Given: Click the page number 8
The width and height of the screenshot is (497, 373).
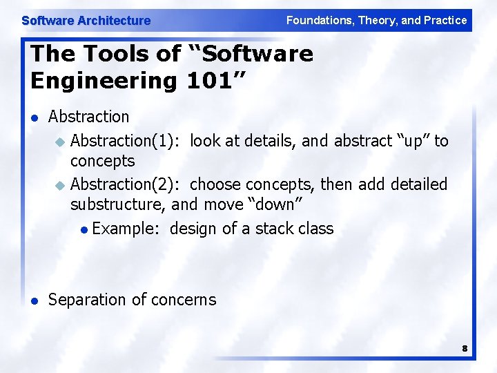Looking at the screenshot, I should [x=465, y=349].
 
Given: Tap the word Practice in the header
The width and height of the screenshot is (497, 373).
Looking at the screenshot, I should [x=445, y=20].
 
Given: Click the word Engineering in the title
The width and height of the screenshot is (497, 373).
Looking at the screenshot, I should [x=104, y=81].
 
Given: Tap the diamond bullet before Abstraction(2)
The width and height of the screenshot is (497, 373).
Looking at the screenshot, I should [x=59, y=186].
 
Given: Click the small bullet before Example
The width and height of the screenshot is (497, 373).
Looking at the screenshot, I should [x=83, y=229].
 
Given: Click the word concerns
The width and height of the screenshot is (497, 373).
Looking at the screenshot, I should [x=184, y=300].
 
